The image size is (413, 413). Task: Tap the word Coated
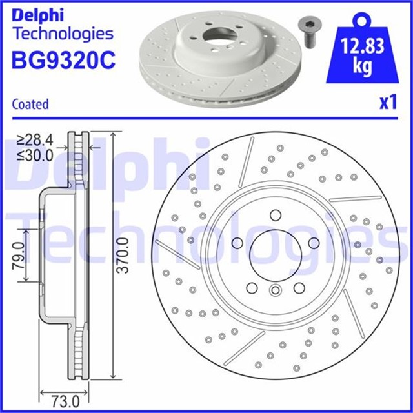30,103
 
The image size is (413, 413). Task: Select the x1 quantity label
387,103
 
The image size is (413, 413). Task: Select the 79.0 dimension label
19,256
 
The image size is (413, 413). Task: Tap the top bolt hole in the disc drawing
275,215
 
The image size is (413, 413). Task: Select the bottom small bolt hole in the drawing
275,290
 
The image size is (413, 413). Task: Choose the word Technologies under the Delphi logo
63,34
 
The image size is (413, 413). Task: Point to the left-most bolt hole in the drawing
237,243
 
